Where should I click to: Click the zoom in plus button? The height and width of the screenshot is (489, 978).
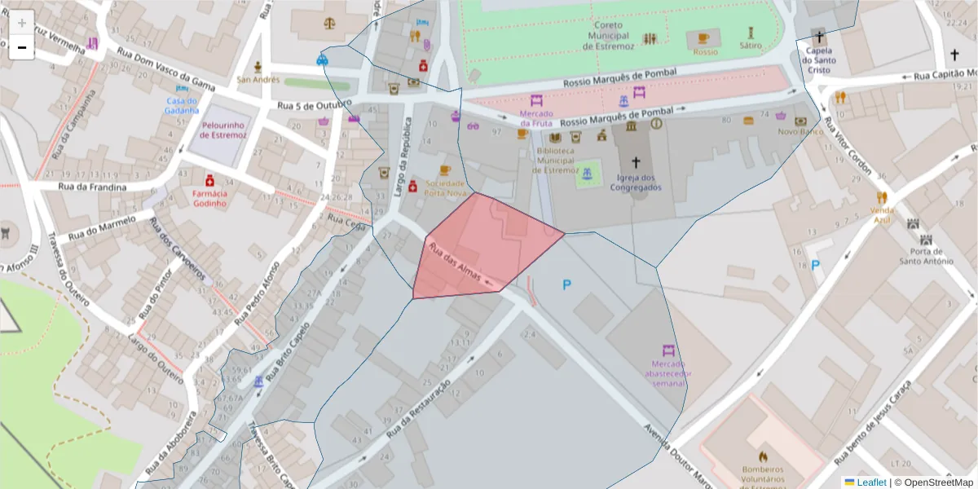click(x=21, y=22)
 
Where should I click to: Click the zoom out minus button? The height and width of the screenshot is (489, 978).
click(x=21, y=47)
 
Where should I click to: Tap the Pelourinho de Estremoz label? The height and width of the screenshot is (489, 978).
click(x=223, y=130)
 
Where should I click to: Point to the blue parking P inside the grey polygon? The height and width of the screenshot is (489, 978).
click(x=567, y=284)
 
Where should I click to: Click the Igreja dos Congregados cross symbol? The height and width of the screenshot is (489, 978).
click(x=637, y=162)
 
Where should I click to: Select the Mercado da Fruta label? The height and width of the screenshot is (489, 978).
click(x=536, y=117)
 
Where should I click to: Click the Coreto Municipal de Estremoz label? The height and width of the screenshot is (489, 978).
click(x=608, y=36)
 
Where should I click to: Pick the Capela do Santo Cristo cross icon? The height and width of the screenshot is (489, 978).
click(x=819, y=36)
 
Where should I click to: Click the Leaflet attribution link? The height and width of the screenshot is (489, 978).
click(x=870, y=482)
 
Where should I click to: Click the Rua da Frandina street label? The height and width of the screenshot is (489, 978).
click(x=92, y=187)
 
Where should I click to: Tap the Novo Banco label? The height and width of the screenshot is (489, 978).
click(x=798, y=131)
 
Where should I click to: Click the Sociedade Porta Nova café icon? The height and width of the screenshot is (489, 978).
click(x=444, y=170)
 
